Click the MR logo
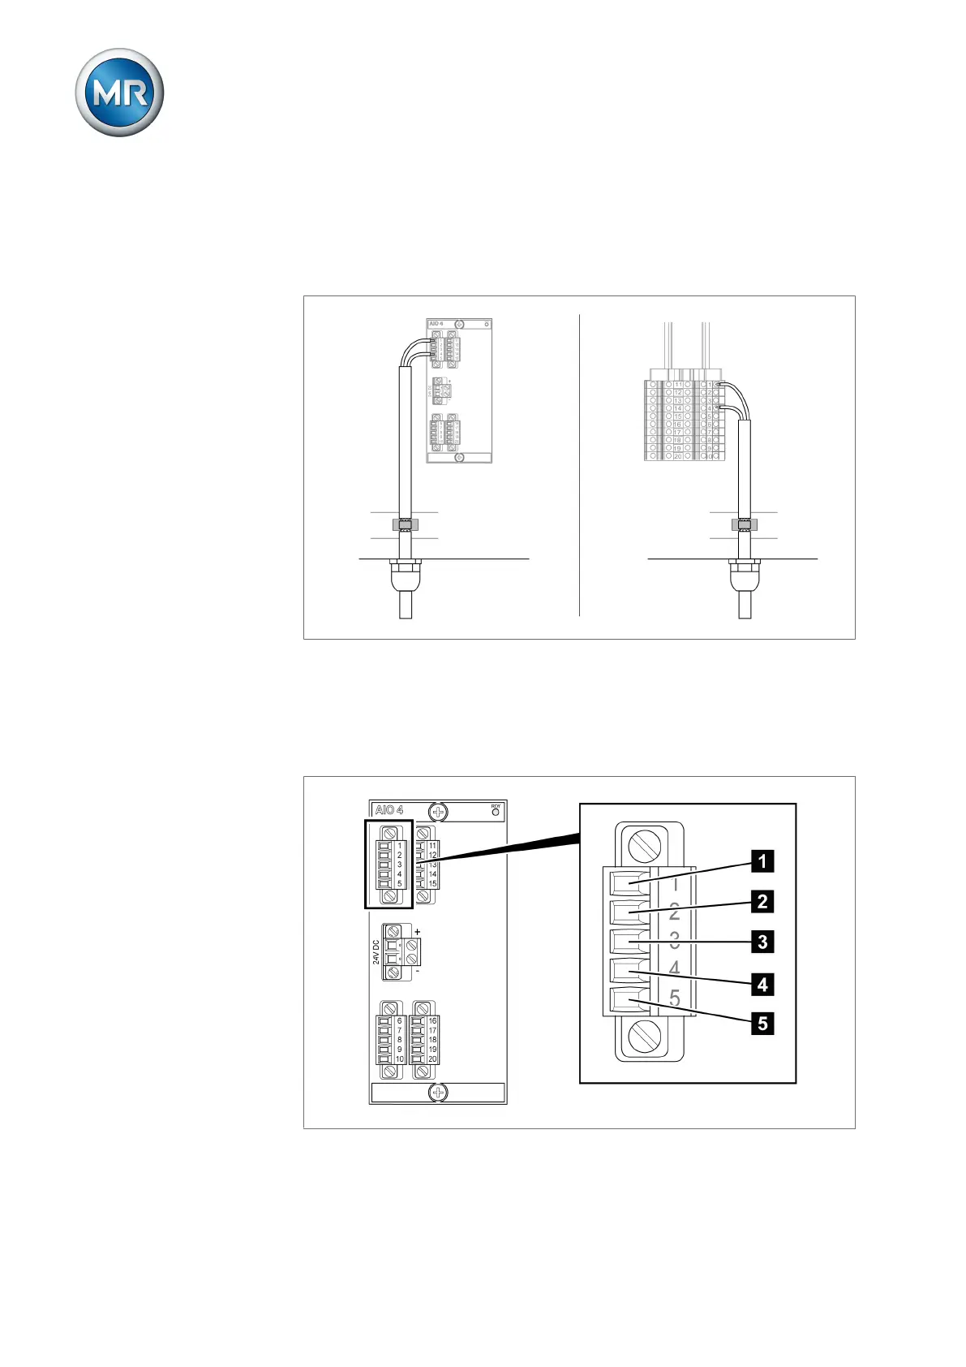tap(120, 93)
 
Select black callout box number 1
tap(762, 860)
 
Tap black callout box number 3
tap(762, 942)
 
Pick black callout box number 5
tap(762, 1023)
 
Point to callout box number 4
tap(762, 984)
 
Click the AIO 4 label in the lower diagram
tap(389, 810)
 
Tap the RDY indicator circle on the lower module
tap(496, 812)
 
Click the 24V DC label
tap(376, 952)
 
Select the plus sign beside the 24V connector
tap(418, 932)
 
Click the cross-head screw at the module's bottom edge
tap(437, 1093)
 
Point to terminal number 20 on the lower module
tap(432, 1059)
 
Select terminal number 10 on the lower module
tap(400, 1059)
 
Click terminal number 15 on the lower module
tap(432, 884)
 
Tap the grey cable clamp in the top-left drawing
tap(405, 524)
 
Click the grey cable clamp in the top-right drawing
tap(744, 524)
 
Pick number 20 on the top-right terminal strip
tap(678, 456)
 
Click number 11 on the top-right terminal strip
tap(678, 385)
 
